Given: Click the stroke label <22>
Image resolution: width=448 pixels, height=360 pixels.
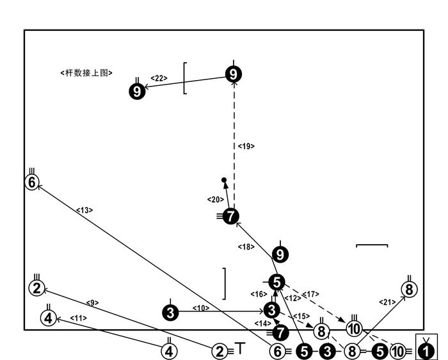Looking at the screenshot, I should [159, 78].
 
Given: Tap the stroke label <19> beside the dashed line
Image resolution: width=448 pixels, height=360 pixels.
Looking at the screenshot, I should [246, 147].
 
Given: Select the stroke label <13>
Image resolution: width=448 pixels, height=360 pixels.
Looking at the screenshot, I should [84, 209].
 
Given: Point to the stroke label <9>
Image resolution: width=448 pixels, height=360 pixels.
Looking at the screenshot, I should [92, 302].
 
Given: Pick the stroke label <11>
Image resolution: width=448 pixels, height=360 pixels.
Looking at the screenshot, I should [78, 318].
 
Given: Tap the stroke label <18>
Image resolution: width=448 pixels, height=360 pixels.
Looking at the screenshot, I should [246, 247].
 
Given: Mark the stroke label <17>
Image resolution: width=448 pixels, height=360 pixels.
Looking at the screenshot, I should [310, 295].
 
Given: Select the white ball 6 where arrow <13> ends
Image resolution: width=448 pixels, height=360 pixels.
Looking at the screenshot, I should [32, 182].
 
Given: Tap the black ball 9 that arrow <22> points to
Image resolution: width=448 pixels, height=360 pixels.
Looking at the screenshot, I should [138, 91].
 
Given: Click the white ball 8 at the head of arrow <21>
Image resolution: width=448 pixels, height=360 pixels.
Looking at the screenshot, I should [409, 289].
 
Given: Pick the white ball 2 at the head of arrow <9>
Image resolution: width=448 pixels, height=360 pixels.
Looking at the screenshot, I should [37, 288].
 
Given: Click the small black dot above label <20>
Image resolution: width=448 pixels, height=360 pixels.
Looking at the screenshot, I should [224, 181].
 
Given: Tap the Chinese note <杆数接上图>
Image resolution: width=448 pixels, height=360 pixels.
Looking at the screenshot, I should [86, 73].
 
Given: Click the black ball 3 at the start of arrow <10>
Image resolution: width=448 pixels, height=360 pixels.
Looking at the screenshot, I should [170, 312].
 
